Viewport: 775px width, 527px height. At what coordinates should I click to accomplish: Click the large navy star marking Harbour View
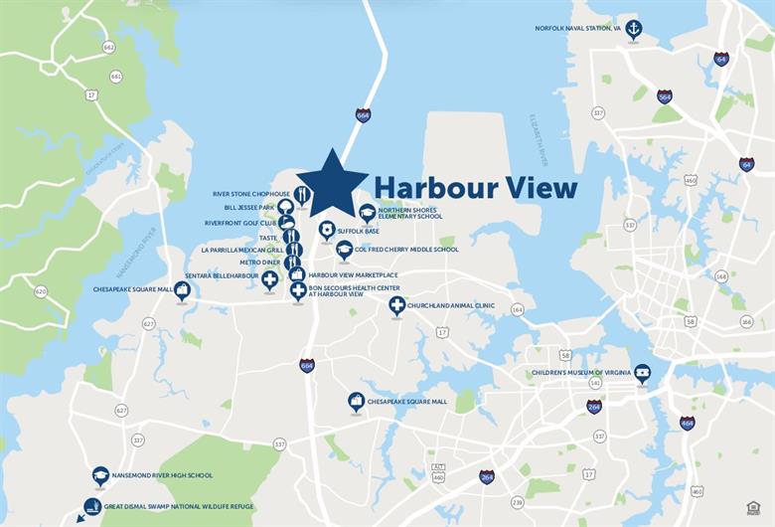[332, 184]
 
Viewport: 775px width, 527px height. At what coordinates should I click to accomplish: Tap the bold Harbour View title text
[475, 187]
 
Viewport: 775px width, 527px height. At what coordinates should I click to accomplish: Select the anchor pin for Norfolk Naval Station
[633, 29]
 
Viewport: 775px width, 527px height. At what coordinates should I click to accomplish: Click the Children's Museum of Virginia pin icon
[643, 373]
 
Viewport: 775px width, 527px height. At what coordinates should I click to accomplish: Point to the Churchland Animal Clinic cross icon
[396, 304]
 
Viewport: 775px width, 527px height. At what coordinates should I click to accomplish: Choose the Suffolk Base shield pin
[326, 230]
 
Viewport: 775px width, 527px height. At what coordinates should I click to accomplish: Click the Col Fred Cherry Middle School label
[406, 250]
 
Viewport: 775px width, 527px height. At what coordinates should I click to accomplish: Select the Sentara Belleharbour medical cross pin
[269, 279]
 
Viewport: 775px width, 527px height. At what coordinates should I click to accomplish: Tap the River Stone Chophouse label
[251, 194]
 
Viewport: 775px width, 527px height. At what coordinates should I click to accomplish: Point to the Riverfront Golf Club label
[239, 223]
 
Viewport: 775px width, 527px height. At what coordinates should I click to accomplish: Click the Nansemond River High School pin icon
[99, 475]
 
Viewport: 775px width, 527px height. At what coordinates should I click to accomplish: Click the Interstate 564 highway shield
[664, 96]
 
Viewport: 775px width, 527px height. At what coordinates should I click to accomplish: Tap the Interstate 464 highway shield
[687, 423]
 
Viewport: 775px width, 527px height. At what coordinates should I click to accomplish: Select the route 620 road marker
[41, 291]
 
